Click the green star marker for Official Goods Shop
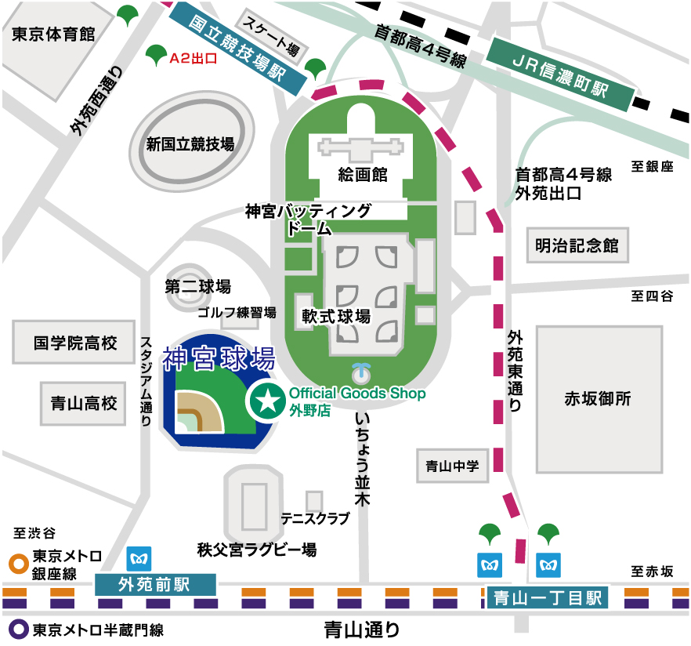pos(267,401)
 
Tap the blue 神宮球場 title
pos(219,359)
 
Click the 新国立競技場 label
pos(190,144)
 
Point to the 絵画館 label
pos(363,175)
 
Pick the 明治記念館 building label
pos(577,245)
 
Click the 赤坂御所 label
pos(598,398)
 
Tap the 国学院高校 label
pos(75,343)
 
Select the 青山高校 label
pos(83,403)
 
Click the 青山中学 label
pos(452,466)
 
